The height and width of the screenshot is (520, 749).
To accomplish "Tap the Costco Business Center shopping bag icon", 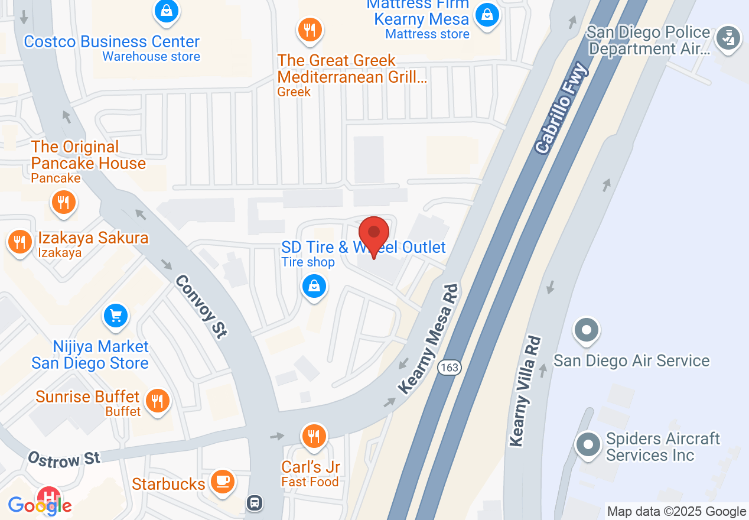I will (167, 11).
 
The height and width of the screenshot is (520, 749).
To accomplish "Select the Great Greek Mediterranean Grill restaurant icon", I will (310, 29).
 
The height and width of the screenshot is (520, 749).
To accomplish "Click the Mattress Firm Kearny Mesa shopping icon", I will (487, 14).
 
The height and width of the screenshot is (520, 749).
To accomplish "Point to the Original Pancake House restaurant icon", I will (63, 202).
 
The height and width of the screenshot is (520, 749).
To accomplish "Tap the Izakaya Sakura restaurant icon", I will (20, 242).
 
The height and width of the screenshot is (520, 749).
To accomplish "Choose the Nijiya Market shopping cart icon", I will (116, 316).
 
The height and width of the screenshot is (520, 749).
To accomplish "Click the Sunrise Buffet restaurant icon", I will (157, 402).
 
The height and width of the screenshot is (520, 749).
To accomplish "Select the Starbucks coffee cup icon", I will (222, 481).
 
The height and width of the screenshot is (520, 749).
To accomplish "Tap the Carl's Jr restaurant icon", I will (313, 437).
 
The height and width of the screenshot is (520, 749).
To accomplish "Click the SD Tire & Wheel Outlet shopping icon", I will (314, 287).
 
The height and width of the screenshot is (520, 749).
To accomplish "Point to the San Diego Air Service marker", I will (587, 330).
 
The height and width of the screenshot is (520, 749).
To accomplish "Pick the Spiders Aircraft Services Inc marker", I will (588, 444).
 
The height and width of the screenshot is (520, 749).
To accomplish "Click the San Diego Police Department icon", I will (728, 39).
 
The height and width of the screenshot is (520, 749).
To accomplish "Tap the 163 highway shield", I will (450, 368).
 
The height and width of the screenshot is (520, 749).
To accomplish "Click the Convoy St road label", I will (201, 307).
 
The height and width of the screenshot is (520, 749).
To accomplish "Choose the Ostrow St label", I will (64, 459).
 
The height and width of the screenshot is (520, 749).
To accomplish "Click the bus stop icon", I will (254, 503).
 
